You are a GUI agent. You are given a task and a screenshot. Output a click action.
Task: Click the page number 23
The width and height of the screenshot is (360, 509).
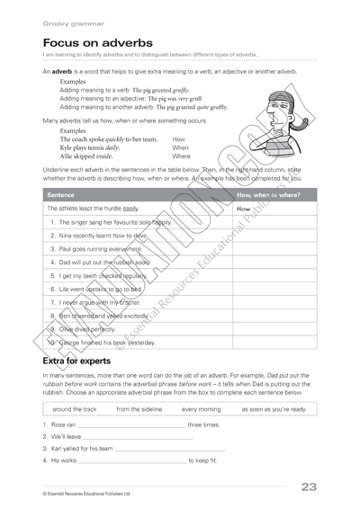(x=309, y=487)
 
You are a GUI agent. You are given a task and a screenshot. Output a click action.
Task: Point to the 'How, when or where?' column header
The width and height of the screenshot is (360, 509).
(x=268, y=193)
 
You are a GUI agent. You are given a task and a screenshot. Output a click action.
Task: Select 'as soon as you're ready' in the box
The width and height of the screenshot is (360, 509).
(x=273, y=409)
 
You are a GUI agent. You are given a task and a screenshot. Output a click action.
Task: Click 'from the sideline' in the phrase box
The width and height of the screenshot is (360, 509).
(x=139, y=409)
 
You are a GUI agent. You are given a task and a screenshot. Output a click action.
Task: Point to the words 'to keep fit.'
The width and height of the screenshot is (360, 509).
(x=202, y=460)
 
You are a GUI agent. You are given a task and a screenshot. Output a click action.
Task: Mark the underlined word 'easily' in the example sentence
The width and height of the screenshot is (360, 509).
(x=130, y=208)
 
